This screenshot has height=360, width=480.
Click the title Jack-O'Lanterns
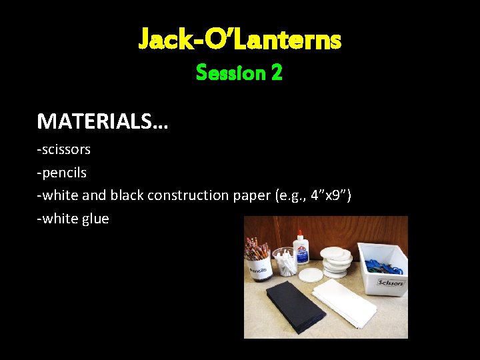click(x=240, y=40)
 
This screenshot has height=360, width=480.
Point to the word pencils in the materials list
click(x=64, y=172)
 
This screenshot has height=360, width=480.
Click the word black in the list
click(x=127, y=195)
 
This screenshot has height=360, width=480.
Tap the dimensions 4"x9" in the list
click(x=325, y=195)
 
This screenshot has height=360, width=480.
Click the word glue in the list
click(x=95, y=218)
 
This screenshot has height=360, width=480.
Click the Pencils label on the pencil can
click(x=258, y=271)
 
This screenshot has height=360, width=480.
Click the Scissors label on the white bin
click(x=390, y=282)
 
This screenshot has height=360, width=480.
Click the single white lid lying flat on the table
click(x=311, y=274)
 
